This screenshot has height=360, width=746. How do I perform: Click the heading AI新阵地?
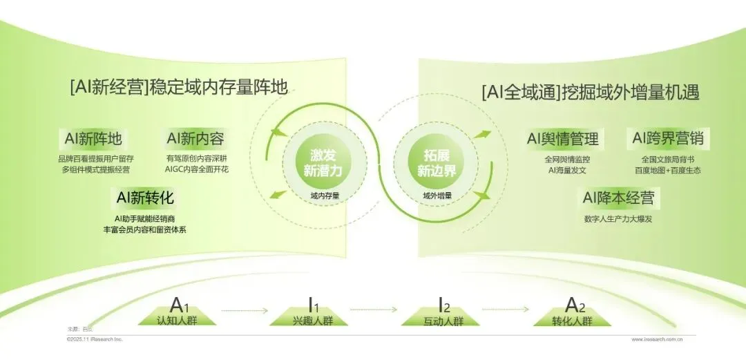pyautogui.click(x=93, y=139)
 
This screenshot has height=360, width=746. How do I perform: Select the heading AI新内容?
pyautogui.click(x=195, y=139)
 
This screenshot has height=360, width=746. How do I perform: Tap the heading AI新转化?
pyautogui.click(x=145, y=199)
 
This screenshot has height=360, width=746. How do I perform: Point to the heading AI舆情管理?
pyautogui.click(x=562, y=139)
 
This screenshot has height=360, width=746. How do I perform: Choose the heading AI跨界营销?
pyautogui.click(x=667, y=139)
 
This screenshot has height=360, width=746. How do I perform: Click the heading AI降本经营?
pyautogui.click(x=618, y=199)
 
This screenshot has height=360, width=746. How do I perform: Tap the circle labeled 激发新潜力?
pyautogui.click(x=323, y=164)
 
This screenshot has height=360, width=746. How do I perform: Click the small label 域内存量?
pyautogui.click(x=325, y=196)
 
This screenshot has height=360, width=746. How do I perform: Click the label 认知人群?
pyautogui.click(x=177, y=321)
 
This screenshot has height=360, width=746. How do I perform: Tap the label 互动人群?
pyautogui.click(x=443, y=321)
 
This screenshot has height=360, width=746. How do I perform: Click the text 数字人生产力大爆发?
pyautogui.click(x=618, y=219)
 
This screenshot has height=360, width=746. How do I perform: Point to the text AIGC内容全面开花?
pyautogui.click(x=197, y=169)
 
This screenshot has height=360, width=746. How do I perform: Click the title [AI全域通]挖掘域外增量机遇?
pyautogui.click(x=591, y=92)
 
